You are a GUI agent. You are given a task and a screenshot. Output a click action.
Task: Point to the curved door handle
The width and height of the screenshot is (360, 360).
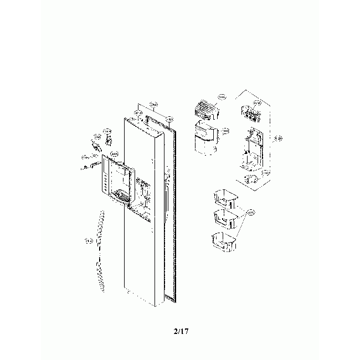[100, 252]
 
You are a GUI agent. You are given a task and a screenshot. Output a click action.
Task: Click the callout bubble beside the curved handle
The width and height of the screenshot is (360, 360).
[88, 240]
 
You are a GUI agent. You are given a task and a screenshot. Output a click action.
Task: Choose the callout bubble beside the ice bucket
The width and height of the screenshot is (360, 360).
[225, 131]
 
